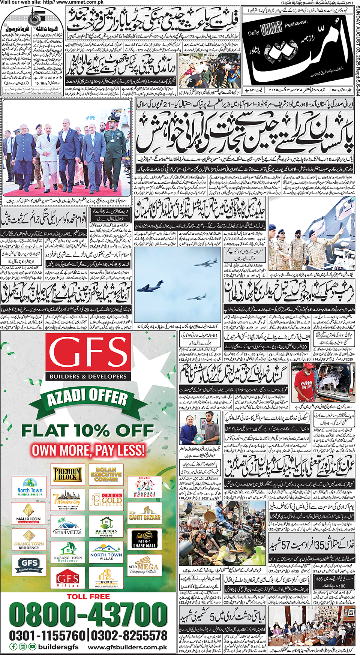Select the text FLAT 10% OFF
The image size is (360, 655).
point(87,430)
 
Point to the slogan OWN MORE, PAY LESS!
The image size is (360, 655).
point(88,450)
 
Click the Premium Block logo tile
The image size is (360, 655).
point(67,474)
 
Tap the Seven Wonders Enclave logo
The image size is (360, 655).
point(145,487)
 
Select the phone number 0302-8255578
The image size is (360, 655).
point(129,636)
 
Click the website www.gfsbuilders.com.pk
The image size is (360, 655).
point(127,647)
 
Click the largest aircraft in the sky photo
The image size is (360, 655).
point(150,288)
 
